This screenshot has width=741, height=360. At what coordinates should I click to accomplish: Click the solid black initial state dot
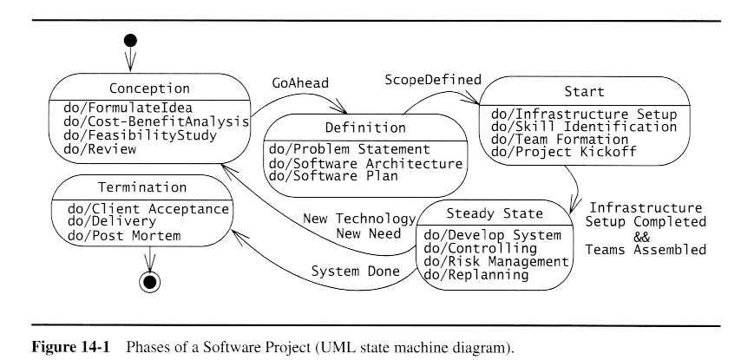tap(131, 40)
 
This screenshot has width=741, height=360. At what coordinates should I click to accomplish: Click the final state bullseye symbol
tap(150, 281)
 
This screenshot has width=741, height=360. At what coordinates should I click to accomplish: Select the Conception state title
tap(149, 88)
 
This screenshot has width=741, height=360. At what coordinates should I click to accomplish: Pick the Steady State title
tap(494, 213)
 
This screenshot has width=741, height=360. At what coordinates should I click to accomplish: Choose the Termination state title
tap(142, 187)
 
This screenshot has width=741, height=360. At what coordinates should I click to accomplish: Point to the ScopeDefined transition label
tap(433, 80)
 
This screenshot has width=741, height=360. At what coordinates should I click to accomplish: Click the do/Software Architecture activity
tap(365, 163)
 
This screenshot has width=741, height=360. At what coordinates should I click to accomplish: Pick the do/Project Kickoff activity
tap(564, 153)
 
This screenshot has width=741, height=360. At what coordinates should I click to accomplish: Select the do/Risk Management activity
tap(495, 261)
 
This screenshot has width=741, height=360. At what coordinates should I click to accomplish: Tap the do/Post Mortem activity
tap(125, 235)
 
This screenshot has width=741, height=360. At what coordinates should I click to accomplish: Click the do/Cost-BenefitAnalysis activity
tap(156, 121)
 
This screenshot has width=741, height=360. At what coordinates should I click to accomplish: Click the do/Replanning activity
tap(475, 274)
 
